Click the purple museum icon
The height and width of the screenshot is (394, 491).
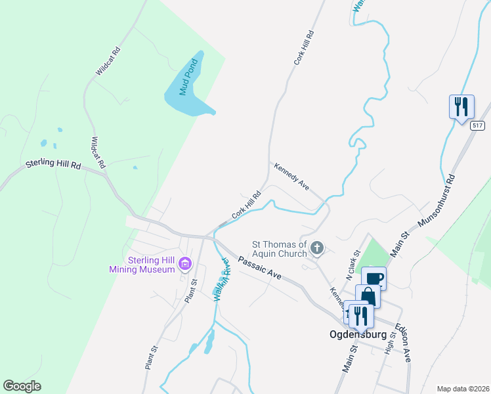pos(186,265)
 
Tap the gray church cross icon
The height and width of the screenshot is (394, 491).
pos(317,248)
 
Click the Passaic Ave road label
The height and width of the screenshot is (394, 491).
pos(260,269)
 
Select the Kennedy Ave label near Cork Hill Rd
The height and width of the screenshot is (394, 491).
pos(291,175)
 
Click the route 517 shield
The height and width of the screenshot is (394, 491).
pos(477,125)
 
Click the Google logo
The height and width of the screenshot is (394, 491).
pos(22,386)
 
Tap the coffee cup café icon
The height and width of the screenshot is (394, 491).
pos(374,278)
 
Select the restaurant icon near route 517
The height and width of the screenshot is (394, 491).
pos(461,106)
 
